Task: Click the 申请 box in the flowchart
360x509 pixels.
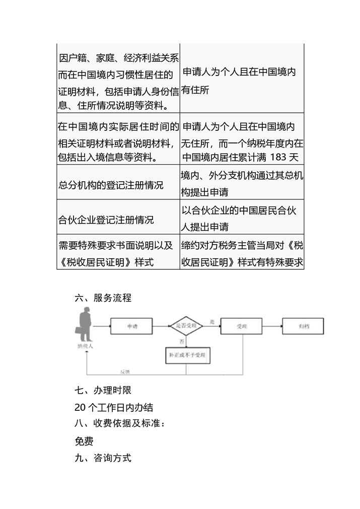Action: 131,327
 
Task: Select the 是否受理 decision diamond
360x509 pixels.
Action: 186,326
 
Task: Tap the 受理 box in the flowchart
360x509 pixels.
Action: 241,327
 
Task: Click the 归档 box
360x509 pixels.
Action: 303,327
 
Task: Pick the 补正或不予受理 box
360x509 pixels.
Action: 186,356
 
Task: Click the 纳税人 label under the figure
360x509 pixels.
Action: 85,347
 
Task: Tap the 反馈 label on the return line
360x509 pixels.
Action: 125,372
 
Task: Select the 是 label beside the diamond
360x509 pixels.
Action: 212,321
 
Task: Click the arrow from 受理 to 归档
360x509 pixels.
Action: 272,327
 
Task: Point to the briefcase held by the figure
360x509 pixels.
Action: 80,330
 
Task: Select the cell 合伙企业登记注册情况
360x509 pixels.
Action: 106,221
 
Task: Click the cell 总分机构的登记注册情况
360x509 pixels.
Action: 111,185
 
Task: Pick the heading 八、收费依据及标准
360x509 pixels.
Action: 119,424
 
